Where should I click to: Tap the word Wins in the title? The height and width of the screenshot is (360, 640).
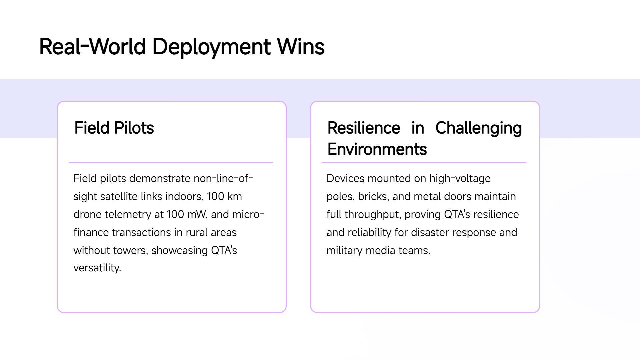(x=301, y=47)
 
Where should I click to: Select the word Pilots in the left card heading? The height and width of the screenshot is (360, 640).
(x=134, y=128)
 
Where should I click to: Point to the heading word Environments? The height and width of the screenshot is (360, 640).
(x=377, y=149)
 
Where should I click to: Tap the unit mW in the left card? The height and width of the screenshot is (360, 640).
(x=198, y=214)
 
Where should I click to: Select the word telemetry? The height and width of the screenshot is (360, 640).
(x=128, y=214)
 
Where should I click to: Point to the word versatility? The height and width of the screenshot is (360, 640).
(x=97, y=268)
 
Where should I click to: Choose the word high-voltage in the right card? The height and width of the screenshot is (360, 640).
(x=460, y=179)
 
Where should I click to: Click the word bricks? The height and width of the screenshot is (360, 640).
(x=373, y=196)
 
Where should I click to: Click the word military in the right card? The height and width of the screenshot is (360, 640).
(x=344, y=250)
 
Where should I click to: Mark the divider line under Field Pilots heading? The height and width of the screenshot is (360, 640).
(x=171, y=163)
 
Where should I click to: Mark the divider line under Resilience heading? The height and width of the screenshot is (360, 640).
(x=424, y=163)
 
